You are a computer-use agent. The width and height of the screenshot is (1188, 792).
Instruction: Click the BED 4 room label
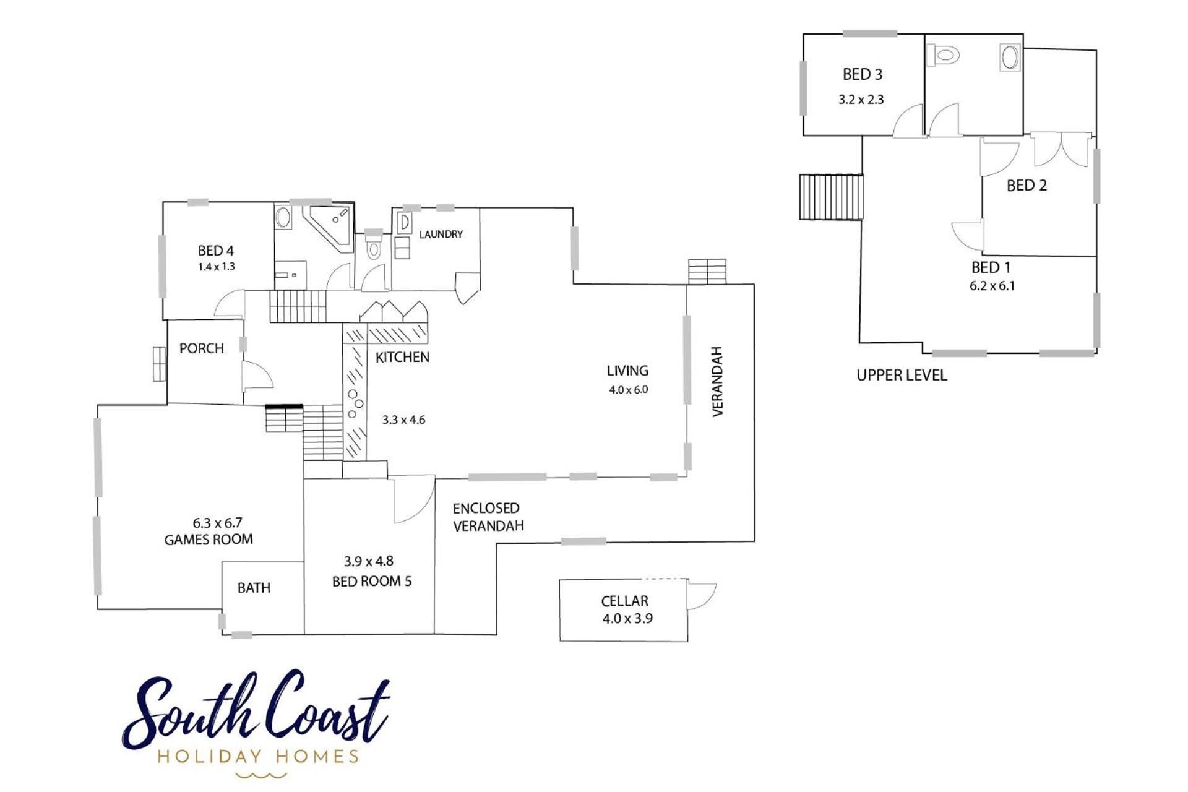click(216, 251)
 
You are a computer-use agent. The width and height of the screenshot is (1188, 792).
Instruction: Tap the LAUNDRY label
click(441, 234)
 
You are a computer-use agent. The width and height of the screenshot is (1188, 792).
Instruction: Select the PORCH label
click(202, 348)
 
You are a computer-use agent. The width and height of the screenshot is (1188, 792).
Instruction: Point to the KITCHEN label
click(402, 357)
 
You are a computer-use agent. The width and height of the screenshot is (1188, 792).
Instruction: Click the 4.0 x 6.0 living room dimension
click(628, 390)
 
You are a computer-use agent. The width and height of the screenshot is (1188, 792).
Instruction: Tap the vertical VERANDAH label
click(718, 381)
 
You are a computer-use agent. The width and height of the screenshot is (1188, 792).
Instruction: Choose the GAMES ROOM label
click(209, 540)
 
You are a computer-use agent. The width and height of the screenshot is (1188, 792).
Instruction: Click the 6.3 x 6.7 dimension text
click(217, 523)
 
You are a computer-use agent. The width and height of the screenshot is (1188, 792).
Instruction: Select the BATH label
click(254, 588)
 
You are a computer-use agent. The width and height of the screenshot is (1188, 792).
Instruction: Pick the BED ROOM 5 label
click(372, 582)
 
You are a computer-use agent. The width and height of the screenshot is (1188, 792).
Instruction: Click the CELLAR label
click(624, 601)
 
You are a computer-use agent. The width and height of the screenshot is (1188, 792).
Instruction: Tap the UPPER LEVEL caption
click(902, 375)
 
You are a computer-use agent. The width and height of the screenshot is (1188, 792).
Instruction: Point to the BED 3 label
click(863, 74)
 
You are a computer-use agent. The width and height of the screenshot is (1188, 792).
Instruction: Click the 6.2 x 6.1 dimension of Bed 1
click(992, 286)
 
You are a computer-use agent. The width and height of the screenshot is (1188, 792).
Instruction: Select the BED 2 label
click(1027, 186)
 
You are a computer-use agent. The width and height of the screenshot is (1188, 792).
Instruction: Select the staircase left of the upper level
click(831, 197)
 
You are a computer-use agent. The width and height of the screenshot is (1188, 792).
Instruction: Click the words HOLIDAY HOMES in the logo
click(258, 756)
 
